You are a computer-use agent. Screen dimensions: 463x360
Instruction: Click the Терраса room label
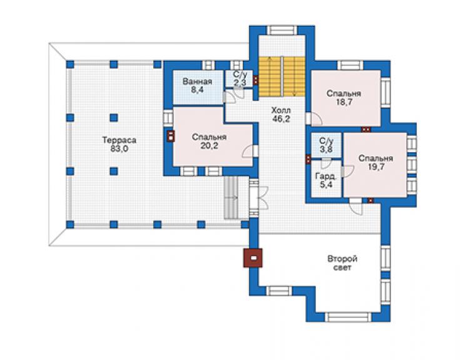click(x=120, y=140)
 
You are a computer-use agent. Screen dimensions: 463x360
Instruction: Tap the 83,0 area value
click(x=120, y=148)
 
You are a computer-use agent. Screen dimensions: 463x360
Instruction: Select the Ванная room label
click(x=197, y=81)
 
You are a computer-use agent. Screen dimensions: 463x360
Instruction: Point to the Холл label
click(x=281, y=111)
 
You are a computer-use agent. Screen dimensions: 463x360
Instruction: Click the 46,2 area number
click(x=281, y=119)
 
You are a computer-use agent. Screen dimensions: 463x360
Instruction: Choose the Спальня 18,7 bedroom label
click(x=343, y=98)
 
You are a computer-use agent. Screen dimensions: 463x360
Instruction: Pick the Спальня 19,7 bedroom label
click(x=376, y=162)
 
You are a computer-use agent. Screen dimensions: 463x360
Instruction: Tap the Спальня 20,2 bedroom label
click(x=209, y=141)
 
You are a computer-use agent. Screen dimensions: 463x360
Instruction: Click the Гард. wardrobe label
click(x=326, y=177)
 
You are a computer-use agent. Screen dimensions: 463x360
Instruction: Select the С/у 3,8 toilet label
click(x=327, y=145)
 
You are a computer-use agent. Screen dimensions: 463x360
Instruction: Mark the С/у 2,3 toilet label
click(x=240, y=78)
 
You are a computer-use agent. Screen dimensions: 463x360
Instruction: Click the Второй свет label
click(x=342, y=263)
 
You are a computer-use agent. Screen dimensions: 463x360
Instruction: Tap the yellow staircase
click(x=282, y=76)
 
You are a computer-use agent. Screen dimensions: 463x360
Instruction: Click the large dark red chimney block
click(x=253, y=258)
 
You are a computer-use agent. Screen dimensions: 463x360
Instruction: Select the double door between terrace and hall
click(x=258, y=198)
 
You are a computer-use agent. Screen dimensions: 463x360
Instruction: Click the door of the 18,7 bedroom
click(x=314, y=118)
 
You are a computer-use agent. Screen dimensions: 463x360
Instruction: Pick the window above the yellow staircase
click(x=282, y=31)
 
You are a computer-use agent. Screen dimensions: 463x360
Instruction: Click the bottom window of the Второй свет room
click(x=349, y=317)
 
